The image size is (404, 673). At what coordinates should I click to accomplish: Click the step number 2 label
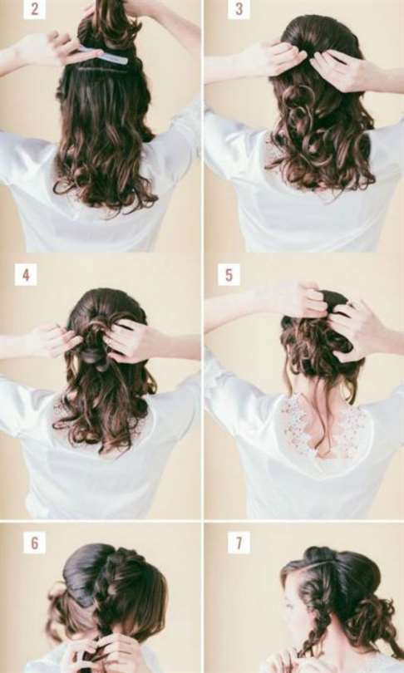[x=34, y=9]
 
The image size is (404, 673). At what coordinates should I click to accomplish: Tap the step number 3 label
[x=239, y=9]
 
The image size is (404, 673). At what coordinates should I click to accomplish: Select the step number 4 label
[x=26, y=275]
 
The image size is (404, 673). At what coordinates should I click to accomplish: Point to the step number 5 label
[x=229, y=275]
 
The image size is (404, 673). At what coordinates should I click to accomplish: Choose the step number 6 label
[x=34, y=543]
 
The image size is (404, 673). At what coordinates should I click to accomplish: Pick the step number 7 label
[x=239, y=543]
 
